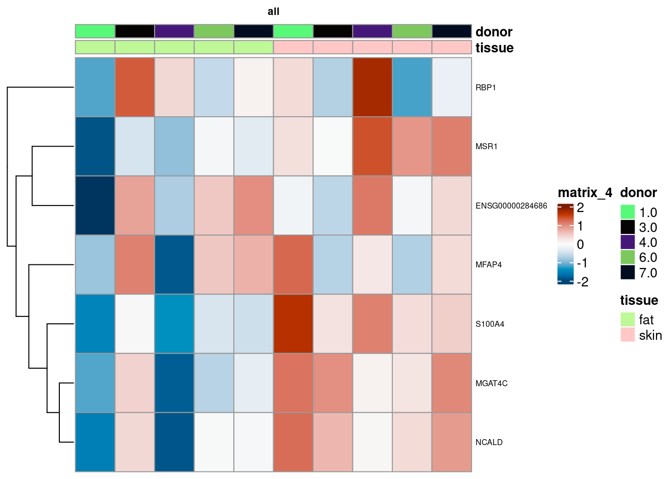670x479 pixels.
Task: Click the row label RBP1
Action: pos(486,87)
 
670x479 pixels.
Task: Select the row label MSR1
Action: pos(486,146)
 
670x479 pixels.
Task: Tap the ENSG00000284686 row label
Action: pos(511,206)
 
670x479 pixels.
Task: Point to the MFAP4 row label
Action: pos(489,264)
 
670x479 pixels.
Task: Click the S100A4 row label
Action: pos(490,324)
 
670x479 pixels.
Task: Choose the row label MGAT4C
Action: pos(491,383)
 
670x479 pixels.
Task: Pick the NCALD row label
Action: pos(489,442)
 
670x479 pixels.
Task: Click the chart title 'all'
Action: pos(273,11)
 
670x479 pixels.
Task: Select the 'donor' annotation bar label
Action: pos(494,32)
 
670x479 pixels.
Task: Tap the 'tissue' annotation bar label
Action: pos(494,48)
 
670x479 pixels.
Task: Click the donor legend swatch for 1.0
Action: pos(628,212)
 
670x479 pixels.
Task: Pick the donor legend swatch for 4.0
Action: pos(628,242)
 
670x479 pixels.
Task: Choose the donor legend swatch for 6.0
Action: pos(628,257)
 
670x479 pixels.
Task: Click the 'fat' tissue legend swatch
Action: pos(628,319)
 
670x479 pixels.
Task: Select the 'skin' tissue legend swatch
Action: pos(628,335)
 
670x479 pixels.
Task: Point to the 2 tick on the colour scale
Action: pos(580,208)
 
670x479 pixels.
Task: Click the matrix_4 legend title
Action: pos(584,193)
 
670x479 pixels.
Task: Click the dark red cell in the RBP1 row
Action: pos(372,87)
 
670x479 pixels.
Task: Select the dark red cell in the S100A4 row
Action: pos(293,324)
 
